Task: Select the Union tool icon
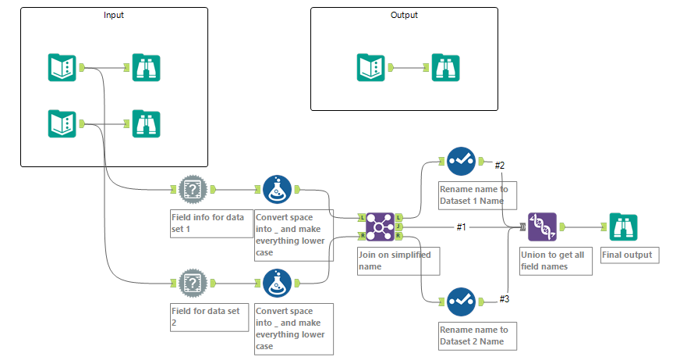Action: [543, 227]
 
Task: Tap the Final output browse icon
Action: [624, 227]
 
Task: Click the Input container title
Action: [114, 15]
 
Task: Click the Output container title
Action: [404, 15]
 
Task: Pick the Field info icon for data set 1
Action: [193, 189]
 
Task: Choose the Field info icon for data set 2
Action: [193, 283]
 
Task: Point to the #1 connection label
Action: [462, 227]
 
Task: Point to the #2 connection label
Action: [501, 165]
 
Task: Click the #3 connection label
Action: [504, 299]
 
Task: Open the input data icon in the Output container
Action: [370, 67]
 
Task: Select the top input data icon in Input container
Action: [62, 67]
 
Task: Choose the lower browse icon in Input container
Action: [146, 123]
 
